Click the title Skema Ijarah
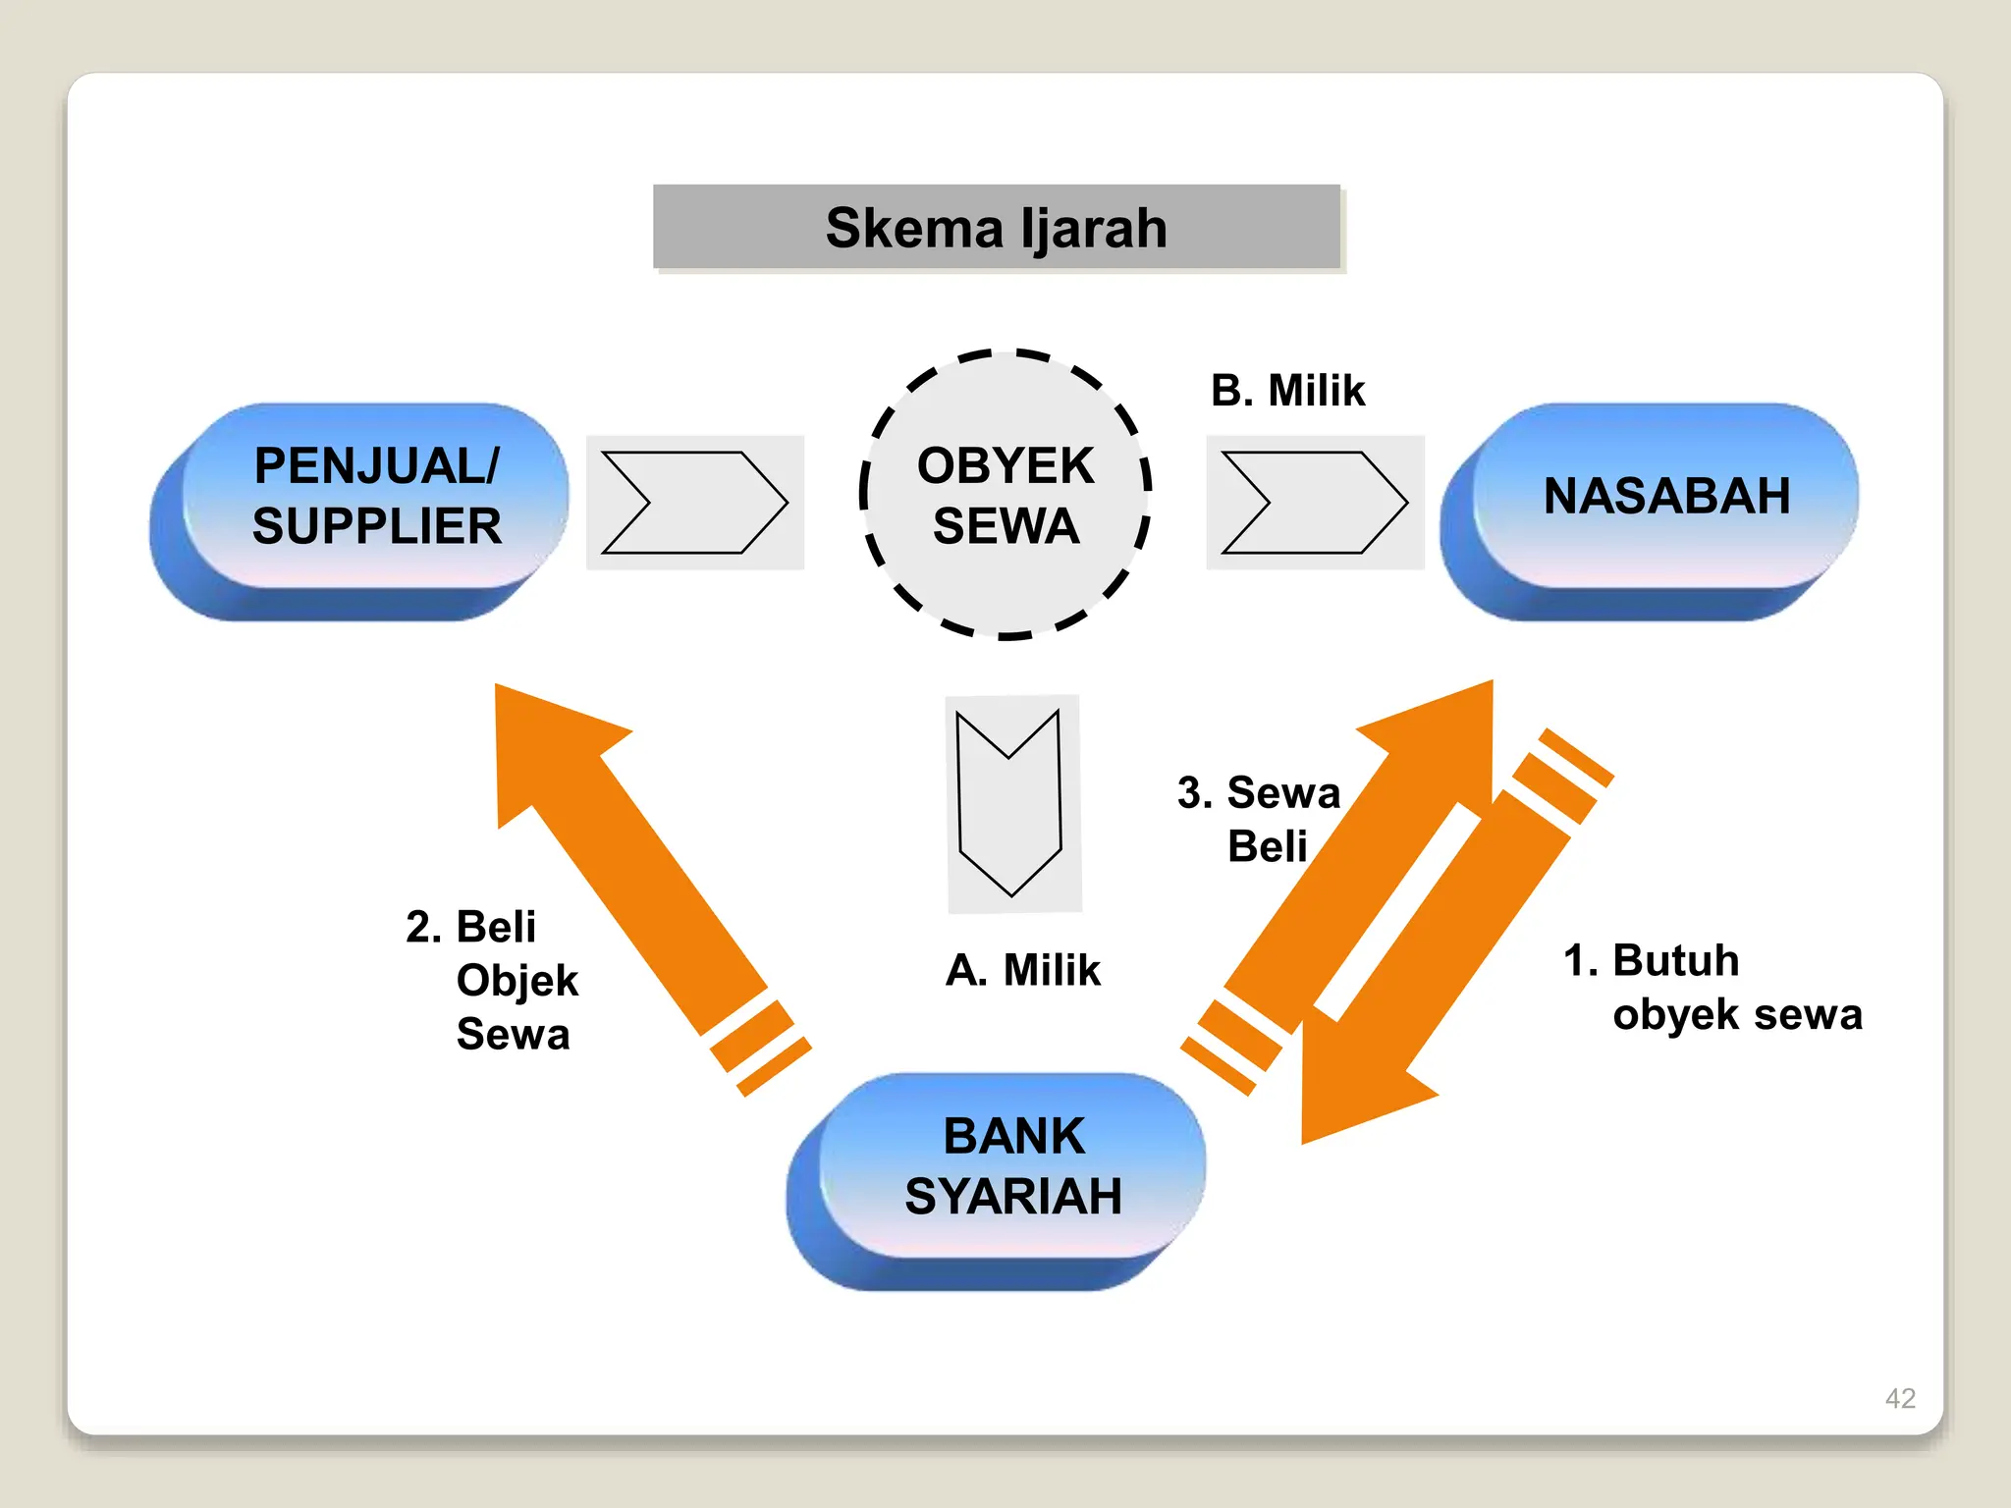click(996, 227)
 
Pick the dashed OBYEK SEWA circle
click(1005, 494)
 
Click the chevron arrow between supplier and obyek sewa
click(694, 503)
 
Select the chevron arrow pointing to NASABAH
click(1315, 503)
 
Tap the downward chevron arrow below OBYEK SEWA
click(1011, 803)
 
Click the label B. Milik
click(1287, 391)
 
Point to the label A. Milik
click(1023, 970)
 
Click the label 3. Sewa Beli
click(1259, 819)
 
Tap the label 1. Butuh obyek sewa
click(1713, 987)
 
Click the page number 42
click(1900, 1397)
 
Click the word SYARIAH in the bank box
click(1013, 1196)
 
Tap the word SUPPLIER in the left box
click(377, 526)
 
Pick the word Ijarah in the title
click(1094, 227)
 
